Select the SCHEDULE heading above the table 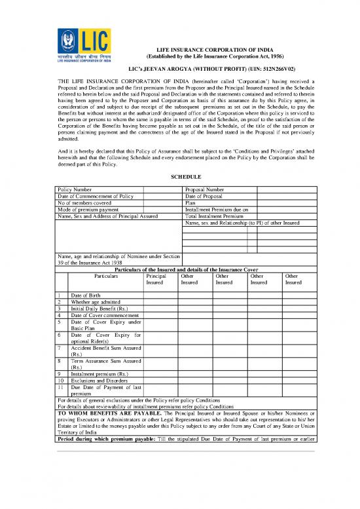179,177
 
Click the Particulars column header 101,276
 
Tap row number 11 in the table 60,386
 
